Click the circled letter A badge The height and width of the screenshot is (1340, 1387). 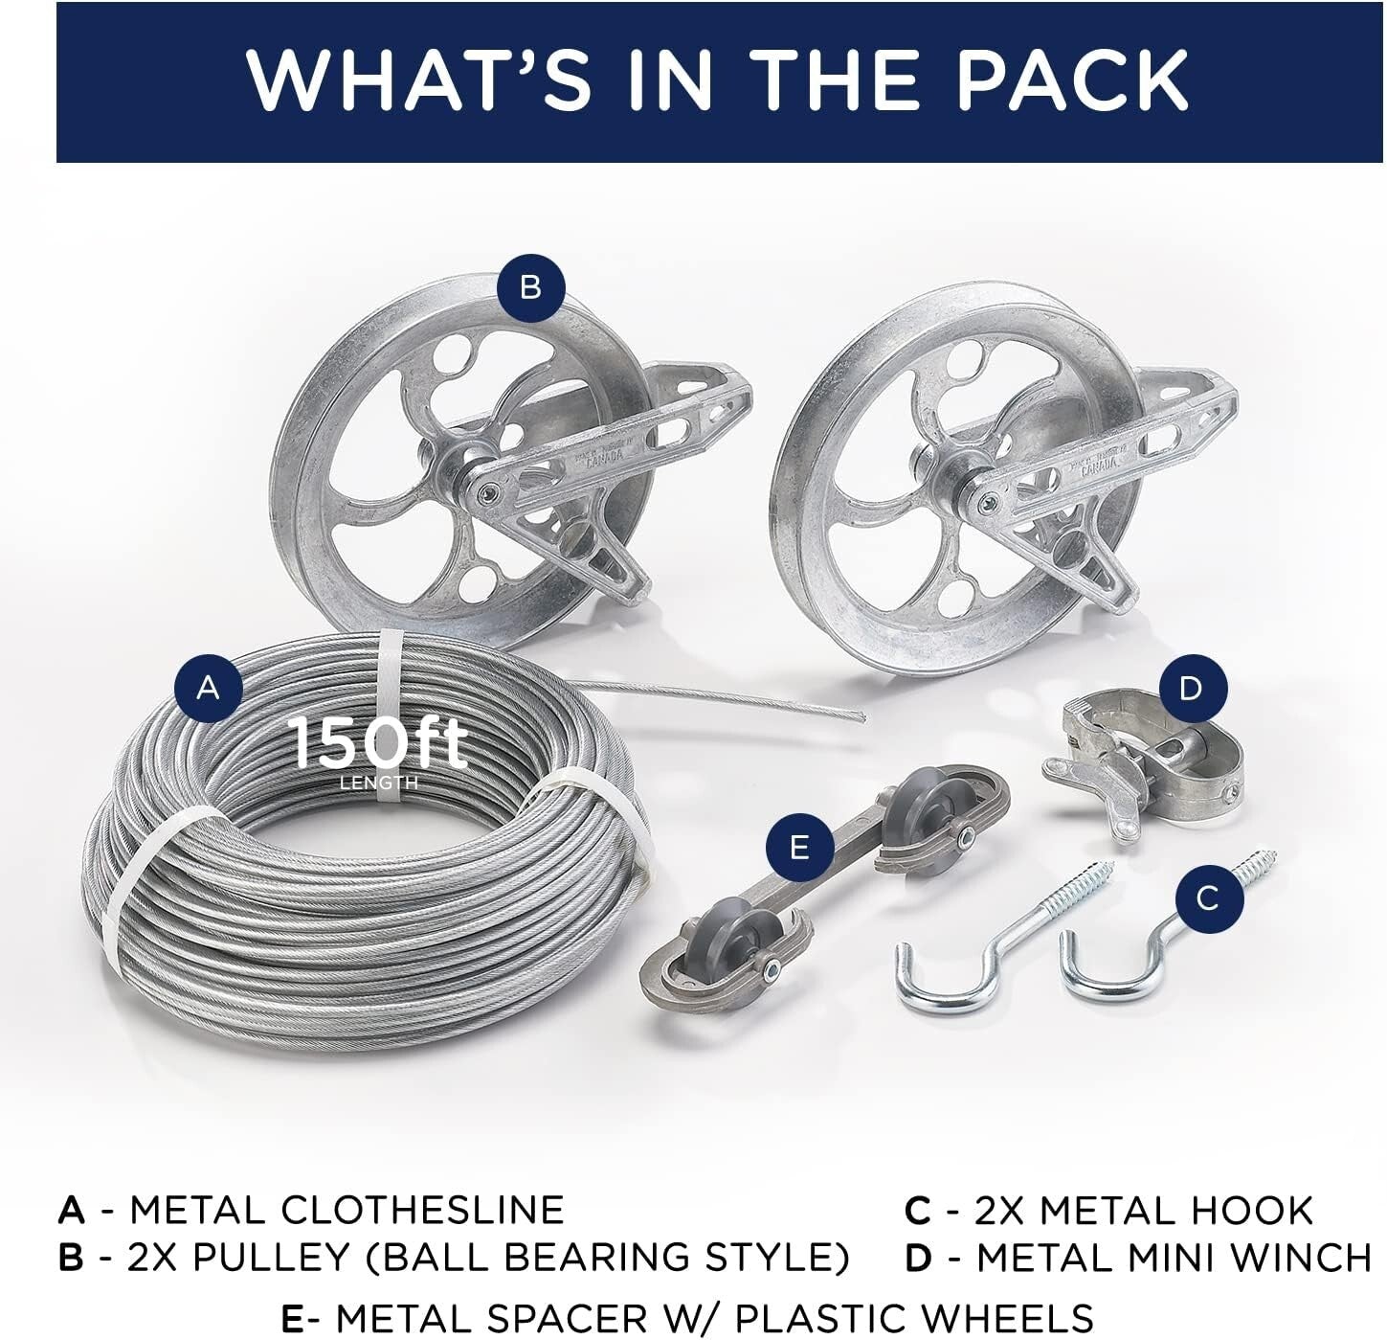pos(209,687)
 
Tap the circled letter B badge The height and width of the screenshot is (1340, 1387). pos(531,286)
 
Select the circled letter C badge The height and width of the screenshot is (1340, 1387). pos(1208,897)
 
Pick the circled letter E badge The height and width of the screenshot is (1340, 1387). pos(800,847)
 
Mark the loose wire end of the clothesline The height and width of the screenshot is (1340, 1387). pos(857,715)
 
